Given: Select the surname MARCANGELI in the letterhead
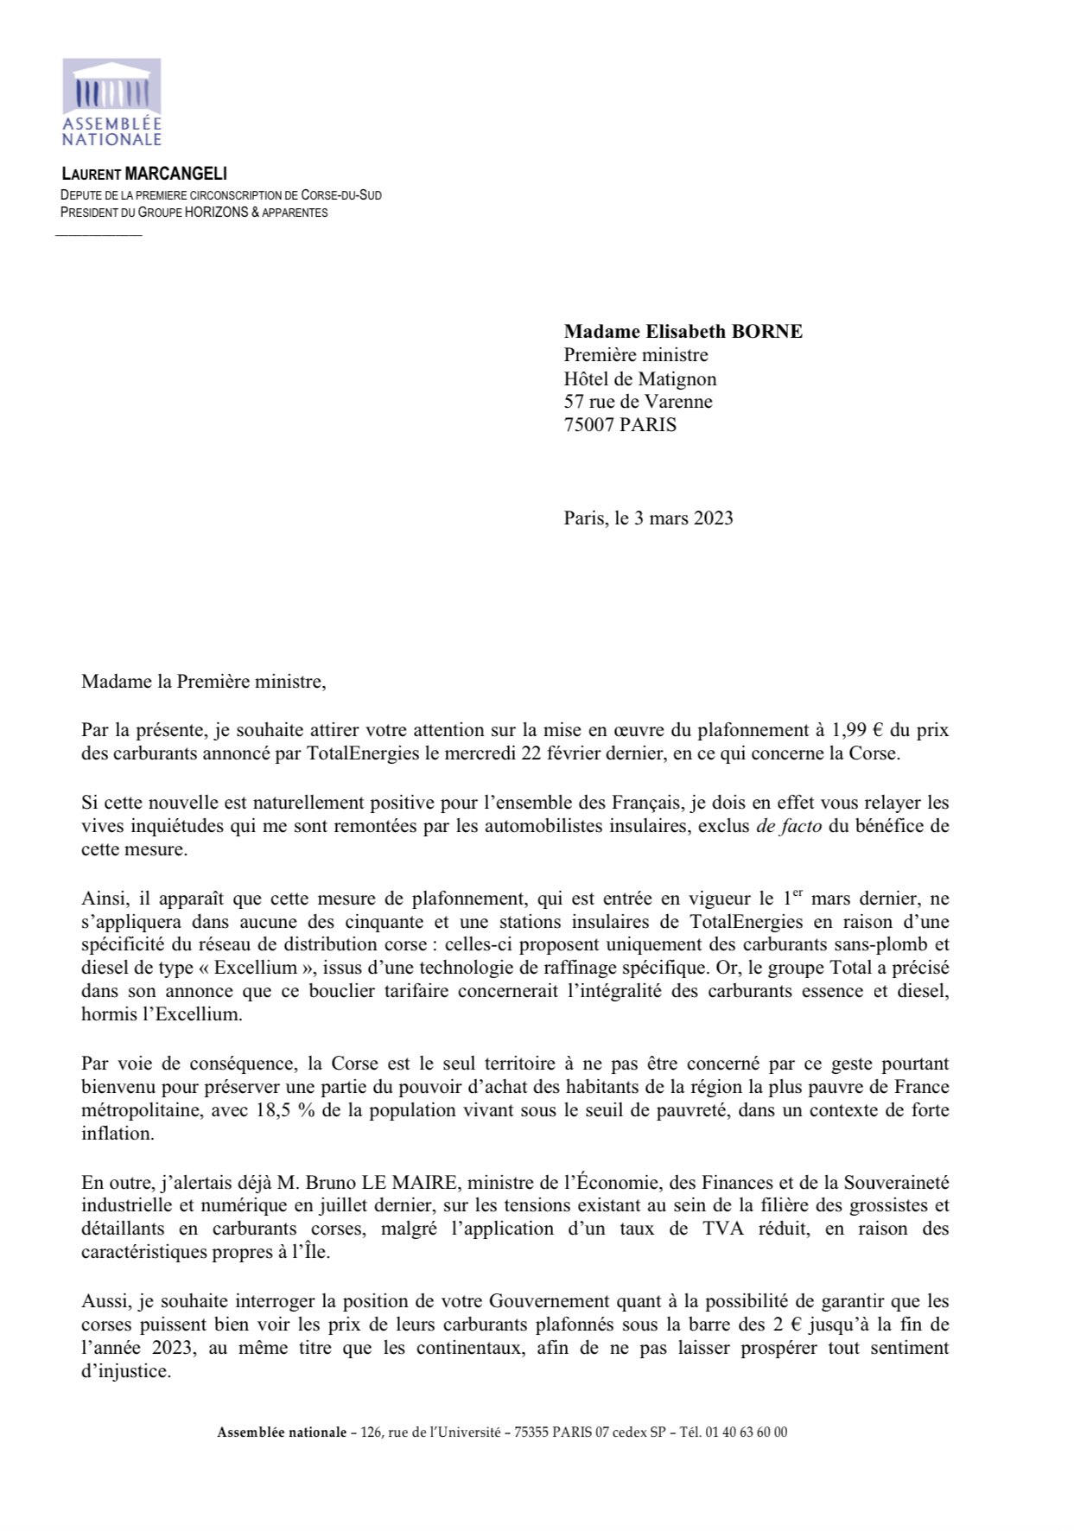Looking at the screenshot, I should pyautogui.click(x=175, y=175).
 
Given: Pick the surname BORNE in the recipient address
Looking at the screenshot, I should pyautogui.click(x=767, y=331).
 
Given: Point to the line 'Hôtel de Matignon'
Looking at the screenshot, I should pyautogui.click(x=639, y=378).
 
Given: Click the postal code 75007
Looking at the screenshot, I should pyautogui.click(x=588, y=425).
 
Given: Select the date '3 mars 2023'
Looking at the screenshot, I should pyautogui.click(x=683, y=518).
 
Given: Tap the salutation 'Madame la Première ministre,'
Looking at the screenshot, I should pyautogui.click(x=204, y=682).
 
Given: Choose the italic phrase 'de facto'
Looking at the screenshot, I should pyautogui.click(x=787, y=826).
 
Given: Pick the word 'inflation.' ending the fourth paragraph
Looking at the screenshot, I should pyautogui.click(x=118, y=1134).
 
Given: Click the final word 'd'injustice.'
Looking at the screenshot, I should pyautogui.click(x=126, y=1371).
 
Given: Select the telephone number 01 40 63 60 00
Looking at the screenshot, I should pyautogui.click(x=747, y=1433).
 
